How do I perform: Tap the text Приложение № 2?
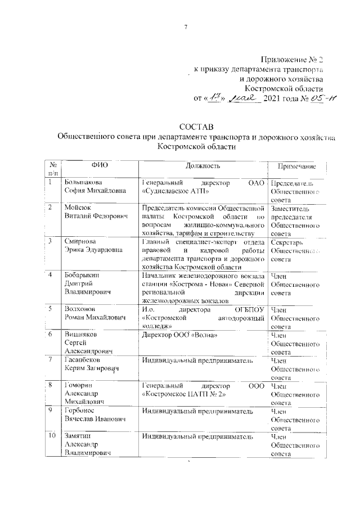[x=294, y=59]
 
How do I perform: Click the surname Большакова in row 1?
[x=83, y=183]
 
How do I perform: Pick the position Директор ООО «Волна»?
[x=179, y=335]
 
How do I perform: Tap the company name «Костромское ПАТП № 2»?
[x=184, y=395]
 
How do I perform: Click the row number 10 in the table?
[x=51, y=436]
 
